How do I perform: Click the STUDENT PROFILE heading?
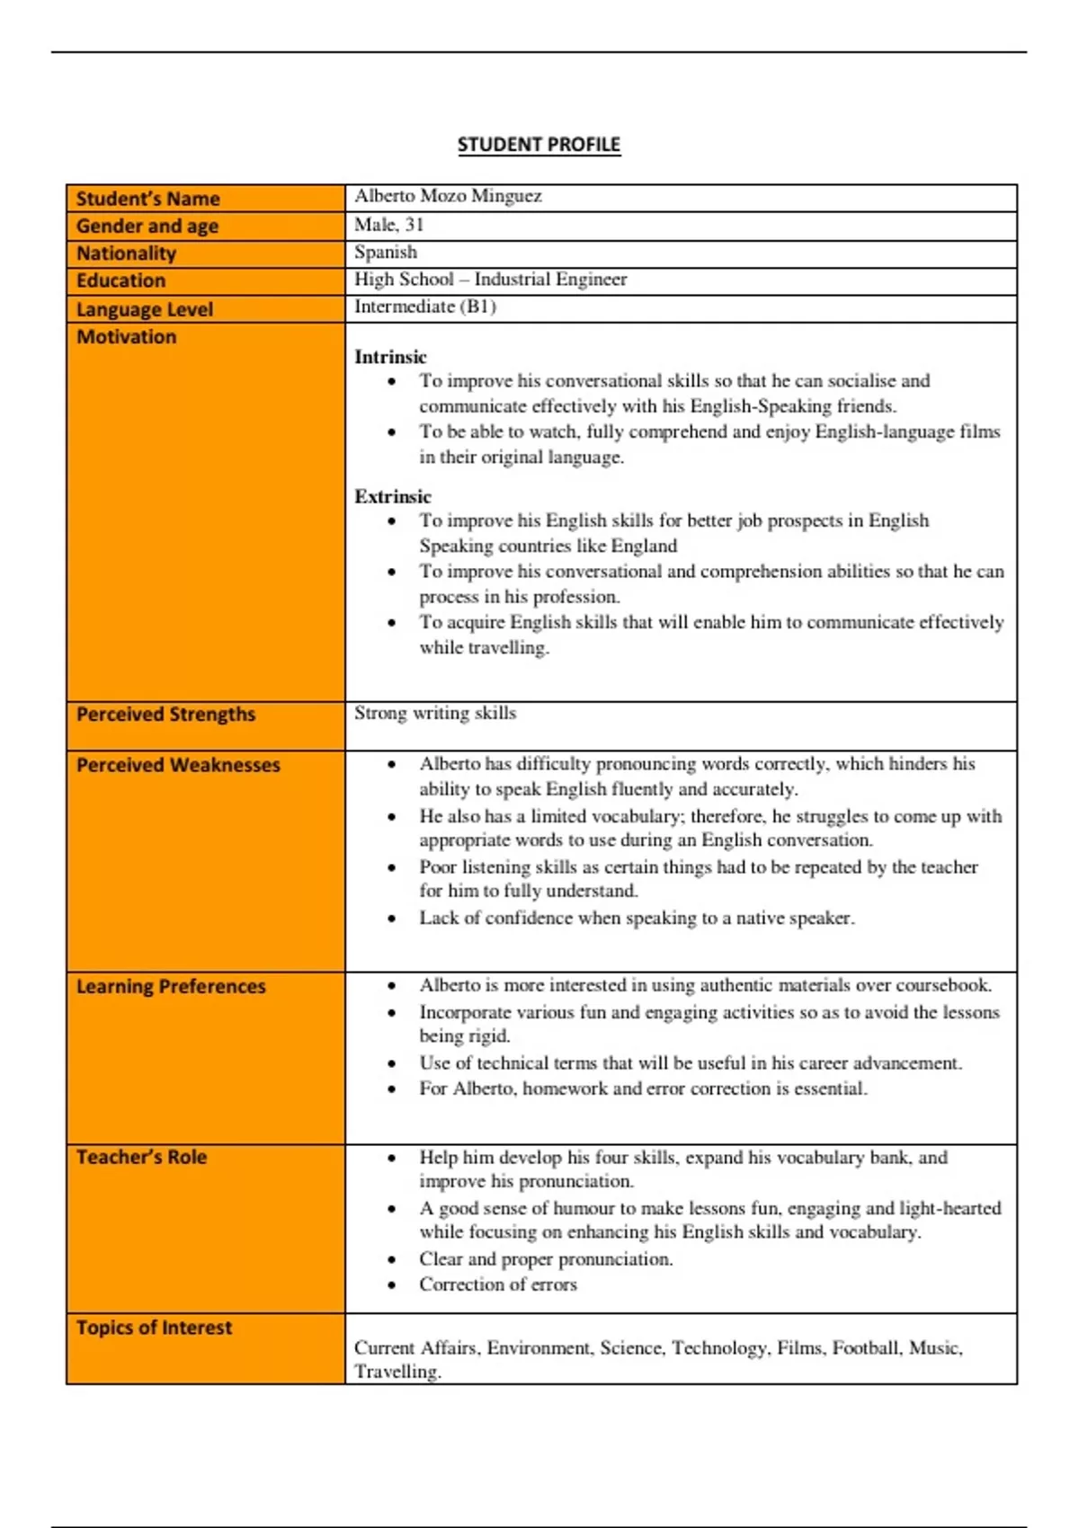pyautogui.click(x=539, y=145)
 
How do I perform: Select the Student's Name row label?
pyautogui.click(x=147, y=199)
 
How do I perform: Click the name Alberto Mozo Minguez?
pyautogui.click(x=448, y=196)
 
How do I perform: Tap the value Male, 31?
pyautogui.click(x=388, y=225)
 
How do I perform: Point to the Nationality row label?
pyautogui.click(x=126, y=253)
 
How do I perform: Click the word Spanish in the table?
pyautogui.click(x=386, y=253)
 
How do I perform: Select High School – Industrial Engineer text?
pyautogui.click(x=490, y=280)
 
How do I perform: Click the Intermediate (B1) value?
pyautogui.click(x=424, y=306)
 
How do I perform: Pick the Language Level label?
pyautogui.click(x=144, y=309)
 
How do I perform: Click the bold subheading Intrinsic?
pyautogui.click(x=390, y=357)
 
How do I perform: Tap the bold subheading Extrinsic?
pyautogui.click(x=393, y=496)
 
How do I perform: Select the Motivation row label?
pyautogui.click(x=126, y=337)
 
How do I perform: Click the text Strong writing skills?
pyautogui.click(x=435, y=713)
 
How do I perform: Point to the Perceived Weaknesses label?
pyautogui.click(x=178, y=765)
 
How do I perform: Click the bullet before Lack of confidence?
pyautogui.click(x=391, y=919)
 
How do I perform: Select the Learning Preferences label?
pyautogui.click(x=171, y=986)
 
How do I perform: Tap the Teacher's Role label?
pyautogui.click(x=141, y=1157)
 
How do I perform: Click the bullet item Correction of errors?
pyautogui.click(x=497, y=1284)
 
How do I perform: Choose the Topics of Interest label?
pyautogui.click(x=154, y=1328)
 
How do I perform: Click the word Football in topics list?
pyautogui.click(x=864, y=1347)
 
